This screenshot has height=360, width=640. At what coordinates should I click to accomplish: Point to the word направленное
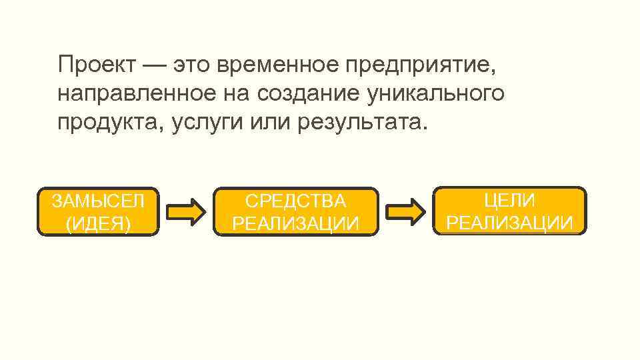point(133,94)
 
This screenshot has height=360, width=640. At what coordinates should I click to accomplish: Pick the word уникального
point(436,94)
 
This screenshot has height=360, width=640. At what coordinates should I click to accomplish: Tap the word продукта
point(108,123)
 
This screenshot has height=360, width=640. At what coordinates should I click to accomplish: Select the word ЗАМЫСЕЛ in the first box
point(98,201)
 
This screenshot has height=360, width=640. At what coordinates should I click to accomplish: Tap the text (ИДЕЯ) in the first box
point(98,223)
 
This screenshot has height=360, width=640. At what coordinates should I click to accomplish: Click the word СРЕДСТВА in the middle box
point(295,201)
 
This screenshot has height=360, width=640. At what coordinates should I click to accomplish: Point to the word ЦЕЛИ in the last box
point(509,200)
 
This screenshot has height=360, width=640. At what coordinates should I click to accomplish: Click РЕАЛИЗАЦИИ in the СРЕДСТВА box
point(295,223)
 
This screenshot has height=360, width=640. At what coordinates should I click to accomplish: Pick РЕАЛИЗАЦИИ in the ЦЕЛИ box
point(509,223)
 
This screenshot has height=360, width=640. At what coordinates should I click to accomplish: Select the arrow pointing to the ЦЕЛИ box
point(407,211)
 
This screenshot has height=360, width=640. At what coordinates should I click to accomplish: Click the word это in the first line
point(194,65)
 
